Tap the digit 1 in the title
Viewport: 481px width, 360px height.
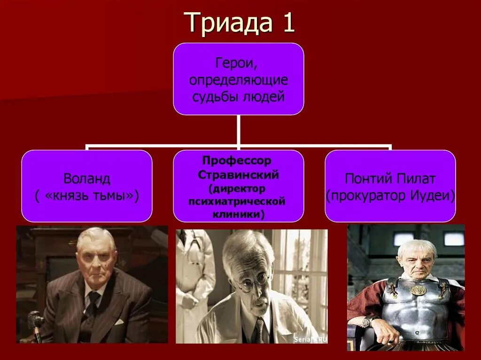coord(288,23)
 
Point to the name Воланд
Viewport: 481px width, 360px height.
coord(87,179)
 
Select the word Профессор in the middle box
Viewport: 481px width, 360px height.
coord(238,161)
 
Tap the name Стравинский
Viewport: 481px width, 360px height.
coord(239,175)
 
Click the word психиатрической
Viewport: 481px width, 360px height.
coord(238,201)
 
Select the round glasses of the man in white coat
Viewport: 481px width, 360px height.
coord(254,282)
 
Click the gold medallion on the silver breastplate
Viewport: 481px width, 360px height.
coord(418,290)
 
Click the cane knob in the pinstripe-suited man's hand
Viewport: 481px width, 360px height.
coord(35,320)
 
